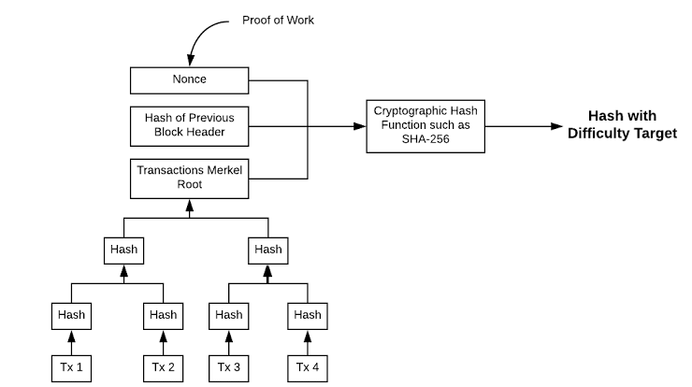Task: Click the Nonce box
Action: [x=189, y=80]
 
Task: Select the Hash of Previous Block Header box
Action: [x=189, y=126]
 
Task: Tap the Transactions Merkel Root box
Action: [x=189, y=179]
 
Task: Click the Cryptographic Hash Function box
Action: [x=425, y=126]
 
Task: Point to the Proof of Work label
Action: [x=278, y=21]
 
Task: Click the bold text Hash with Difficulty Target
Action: [x=622, y=124]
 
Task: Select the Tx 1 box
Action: [x=71, y=368]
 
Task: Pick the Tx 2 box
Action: [x=164, y=368]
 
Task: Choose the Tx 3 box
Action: [x=228, y=368]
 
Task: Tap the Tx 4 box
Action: [x=308, y=368]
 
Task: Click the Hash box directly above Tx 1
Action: [x=71, y=316]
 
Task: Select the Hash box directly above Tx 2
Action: [x=164, y=316]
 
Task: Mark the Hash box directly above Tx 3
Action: [x=228, y=316]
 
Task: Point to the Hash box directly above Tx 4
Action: [x=308, y=316]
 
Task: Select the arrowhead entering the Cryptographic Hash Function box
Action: [x=360, y=126]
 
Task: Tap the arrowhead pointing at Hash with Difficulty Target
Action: [x=557, y=126]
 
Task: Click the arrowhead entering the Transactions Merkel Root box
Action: [x=189, y=206]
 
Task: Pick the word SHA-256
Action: [x=425, y=139]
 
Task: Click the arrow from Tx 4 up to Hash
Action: [x=308, y=342]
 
